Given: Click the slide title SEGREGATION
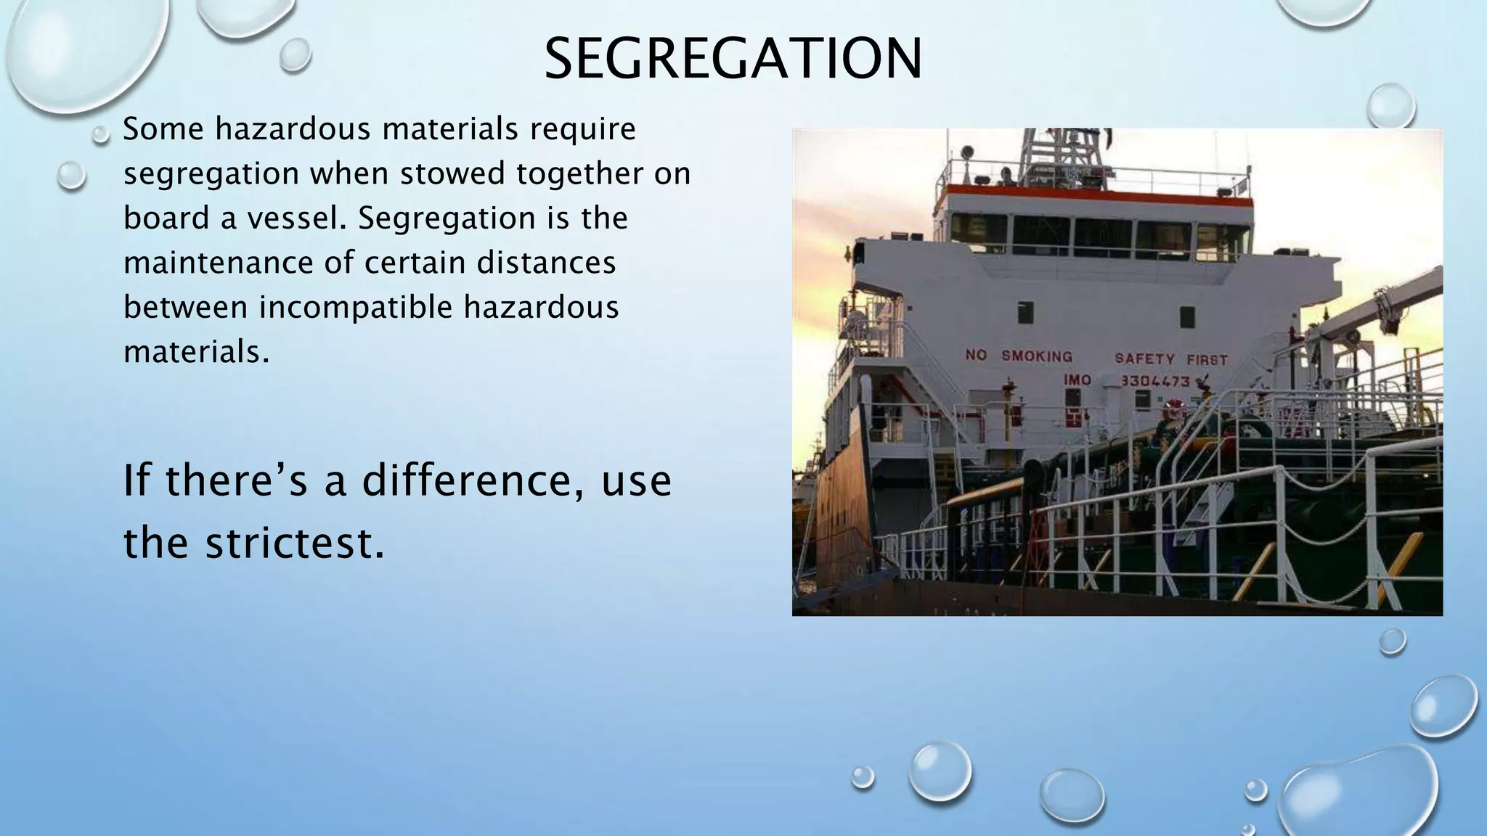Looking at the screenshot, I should click(x=733, y=59).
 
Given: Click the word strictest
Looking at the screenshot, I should click(x=294, y=543).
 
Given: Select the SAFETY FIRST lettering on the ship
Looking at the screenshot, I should click(x=1170, y=359).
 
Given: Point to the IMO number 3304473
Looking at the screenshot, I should click(x=1154, y=381).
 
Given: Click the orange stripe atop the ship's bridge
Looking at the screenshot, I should click(x=1096, y=191).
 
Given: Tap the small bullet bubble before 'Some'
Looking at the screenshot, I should click(x=102, y=134).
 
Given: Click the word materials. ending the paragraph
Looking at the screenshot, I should click(x=196, y=353).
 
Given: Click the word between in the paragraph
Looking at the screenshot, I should click(x=185, y=307).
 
